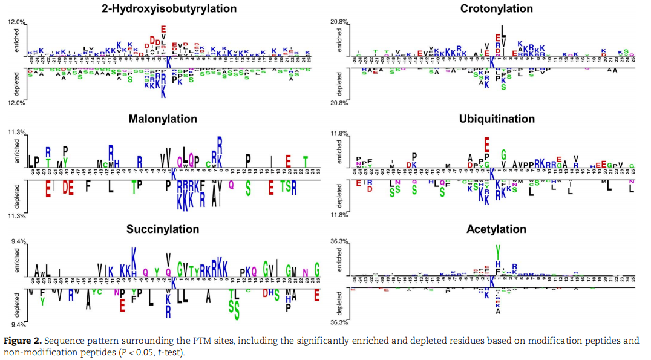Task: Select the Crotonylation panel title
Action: click(x=496, y=8)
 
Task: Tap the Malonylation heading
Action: click(x=163, y=119)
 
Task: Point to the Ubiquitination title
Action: click(x=496, y=119)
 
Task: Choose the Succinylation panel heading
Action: click(x=163, y=229)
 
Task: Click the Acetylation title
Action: click(x=496, y=229)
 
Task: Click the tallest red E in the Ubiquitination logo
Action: click(x=486, y=144)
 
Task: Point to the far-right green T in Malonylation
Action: click(x=306, y=162)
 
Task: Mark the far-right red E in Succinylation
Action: click(x=317, y=296)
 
